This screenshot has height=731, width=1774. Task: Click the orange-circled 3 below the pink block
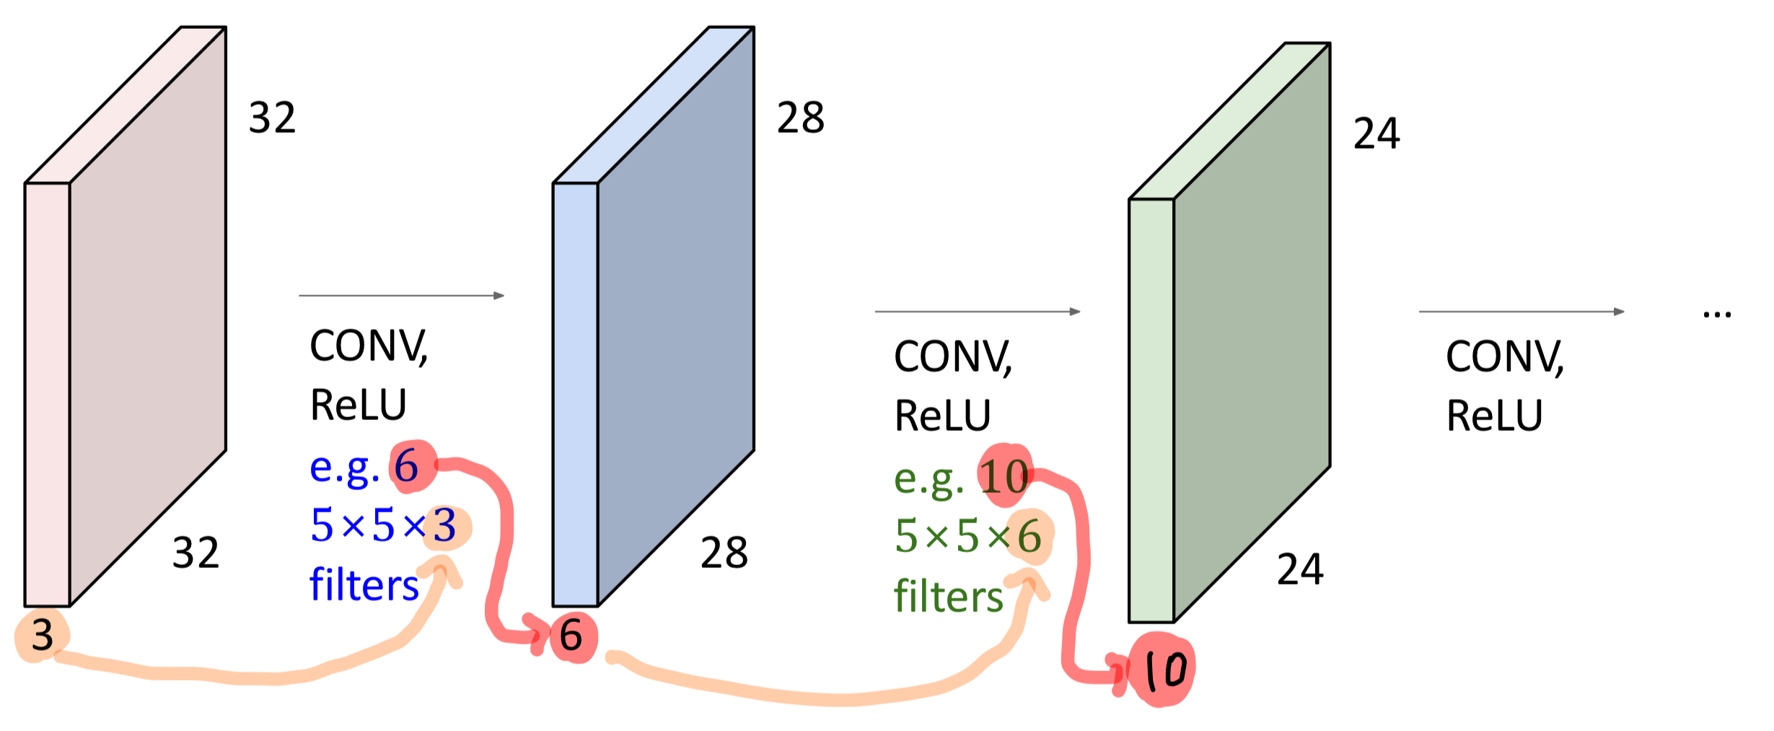pyautogui.click(x=42, y=636)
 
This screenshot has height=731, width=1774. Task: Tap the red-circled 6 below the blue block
pyautogui.click(x=571, y=636)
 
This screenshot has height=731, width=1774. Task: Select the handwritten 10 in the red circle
pyautogui.click(x=1163, y=670)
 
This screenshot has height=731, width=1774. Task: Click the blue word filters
pyautogui.click(x=364, y=585)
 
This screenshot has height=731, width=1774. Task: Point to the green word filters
pyautogui.click(x=948, y=597)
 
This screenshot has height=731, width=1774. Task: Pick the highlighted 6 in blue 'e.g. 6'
pyautogui.click(x=407, y=466)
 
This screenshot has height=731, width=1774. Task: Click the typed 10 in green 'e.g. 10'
pyautogui.click(x=1004, y=477)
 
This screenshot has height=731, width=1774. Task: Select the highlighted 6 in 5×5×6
pyautogui.click(x=1029, y=537)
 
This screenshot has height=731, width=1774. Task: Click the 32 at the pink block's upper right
pyautogui.click(x=272, y=118)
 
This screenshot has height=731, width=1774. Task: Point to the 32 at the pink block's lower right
pyautogui.click(x=196, y=553)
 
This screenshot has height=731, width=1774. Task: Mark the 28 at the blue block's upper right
pyautogui.click(x=800, y=118)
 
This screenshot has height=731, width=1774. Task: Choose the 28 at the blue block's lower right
pyautogui.click(x=724, y=553)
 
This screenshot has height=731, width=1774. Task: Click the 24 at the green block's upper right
pyautogui.click(x=1376, y=133)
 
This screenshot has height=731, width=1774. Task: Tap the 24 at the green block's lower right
pyautogui.click(x=1300, y=569)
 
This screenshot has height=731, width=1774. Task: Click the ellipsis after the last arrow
pyautogui.click(x=1717, y=315)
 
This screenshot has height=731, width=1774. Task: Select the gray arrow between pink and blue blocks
pyautogui.click(x=401, y=295)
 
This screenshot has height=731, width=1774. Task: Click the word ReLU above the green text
pyautogui.click(x=942, y=416)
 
